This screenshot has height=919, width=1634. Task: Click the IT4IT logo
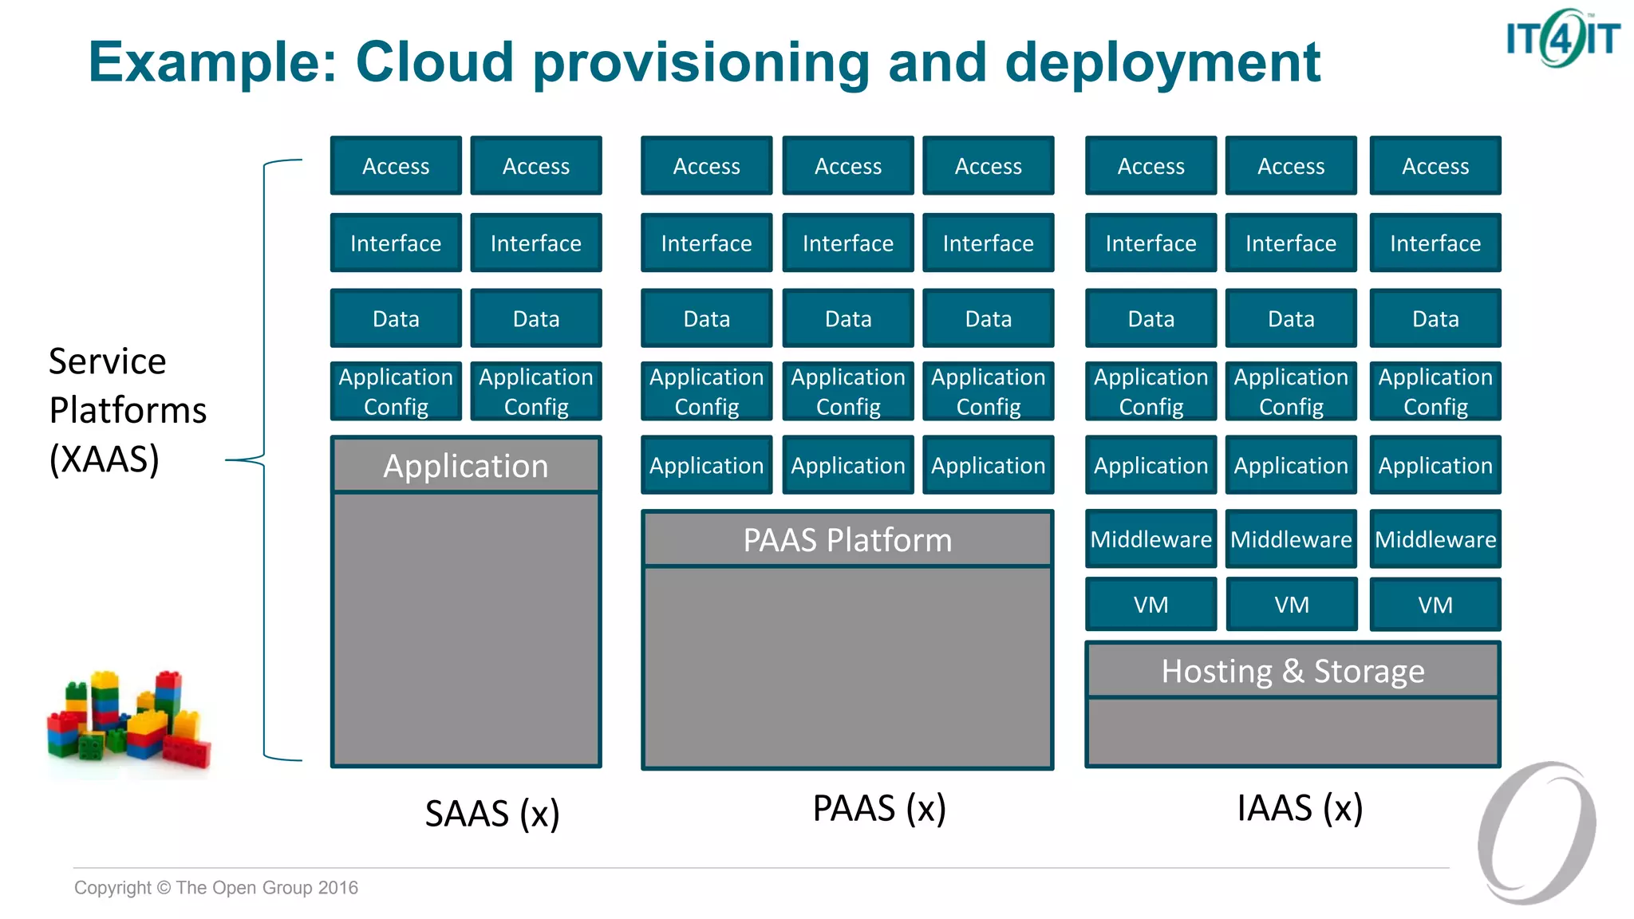pos(1562,38)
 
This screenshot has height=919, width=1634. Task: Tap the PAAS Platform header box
pos(847,540)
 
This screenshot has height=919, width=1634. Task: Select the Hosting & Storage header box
pos(1293,671)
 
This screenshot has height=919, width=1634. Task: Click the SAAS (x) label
pos(492,814)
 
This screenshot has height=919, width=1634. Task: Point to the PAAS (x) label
pos(879,808)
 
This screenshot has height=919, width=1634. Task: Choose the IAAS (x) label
pos(1300,808)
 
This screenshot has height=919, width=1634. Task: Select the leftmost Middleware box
pos(1151,539)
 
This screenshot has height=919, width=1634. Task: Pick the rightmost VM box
pos(1435,605)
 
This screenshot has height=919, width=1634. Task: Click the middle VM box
pos(1291,605)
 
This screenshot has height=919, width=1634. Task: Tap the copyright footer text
pos(216,888)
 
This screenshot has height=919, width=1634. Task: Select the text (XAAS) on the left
pos(105,459)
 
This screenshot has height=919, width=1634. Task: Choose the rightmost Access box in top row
pos(1435,166)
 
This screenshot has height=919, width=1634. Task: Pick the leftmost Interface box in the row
pos(396,243)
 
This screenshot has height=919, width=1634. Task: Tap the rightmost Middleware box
pos(1435,539)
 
